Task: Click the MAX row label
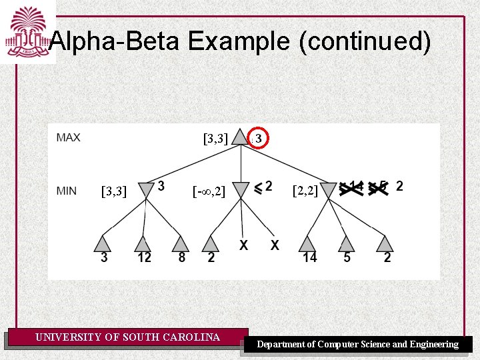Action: [x=69, y=138]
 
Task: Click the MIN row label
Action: [x=67, y=191]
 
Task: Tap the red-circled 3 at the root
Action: [x=259, y=138]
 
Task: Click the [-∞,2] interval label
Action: [x=209, y=192]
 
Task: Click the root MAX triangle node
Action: [x=240, y=139]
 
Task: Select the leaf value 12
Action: [x=145, y=257]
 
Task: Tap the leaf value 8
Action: [x=182, y=257]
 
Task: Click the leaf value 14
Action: [x=309, y=257]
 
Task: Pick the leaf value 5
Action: [x=347, y=257]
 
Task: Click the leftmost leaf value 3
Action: [x=104, y=257]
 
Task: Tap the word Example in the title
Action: [x=237, y=43]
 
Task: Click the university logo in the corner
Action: [x=27, y=31]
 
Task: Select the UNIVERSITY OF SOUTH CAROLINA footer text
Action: [x=127, y=337]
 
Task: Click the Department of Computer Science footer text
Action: [x=357, y=344]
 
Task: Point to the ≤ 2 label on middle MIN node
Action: [x=263, y=186]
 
